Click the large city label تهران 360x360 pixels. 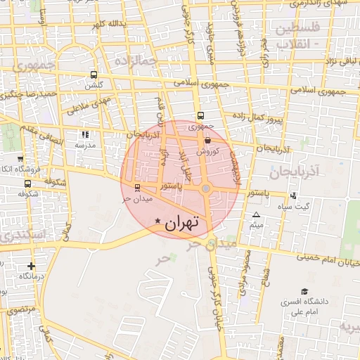pos(182,223)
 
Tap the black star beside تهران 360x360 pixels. pos(157,221)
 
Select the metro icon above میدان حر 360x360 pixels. pos(136,187)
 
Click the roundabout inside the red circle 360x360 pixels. pos(205,188)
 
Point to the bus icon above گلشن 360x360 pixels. pos(94,75)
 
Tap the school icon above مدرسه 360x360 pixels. pos(85,134)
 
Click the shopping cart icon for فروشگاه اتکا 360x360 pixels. pos(20,160)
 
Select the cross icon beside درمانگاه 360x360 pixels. pos(30,266)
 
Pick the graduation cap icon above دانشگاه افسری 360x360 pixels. pos(304,291)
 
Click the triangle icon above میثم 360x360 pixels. pos(256,214)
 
